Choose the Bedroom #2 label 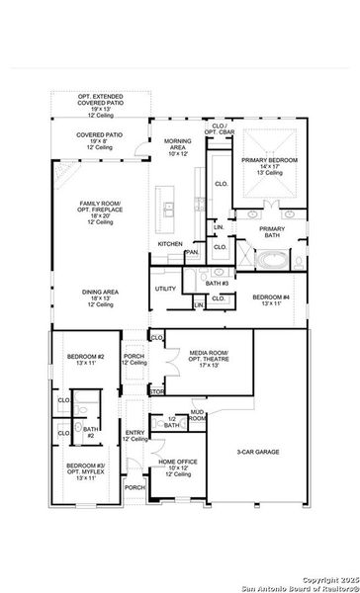coord(86,359)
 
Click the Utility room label coord(165,289)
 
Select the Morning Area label coord(177,147)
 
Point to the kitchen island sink coord(169,209)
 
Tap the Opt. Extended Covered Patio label coord(101,104)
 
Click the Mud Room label coord(198,416)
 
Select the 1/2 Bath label coord(172,422)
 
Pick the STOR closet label coord(156,390)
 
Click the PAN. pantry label coord(191,252)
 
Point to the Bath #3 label coord(218,284)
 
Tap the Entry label coord(135,435)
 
